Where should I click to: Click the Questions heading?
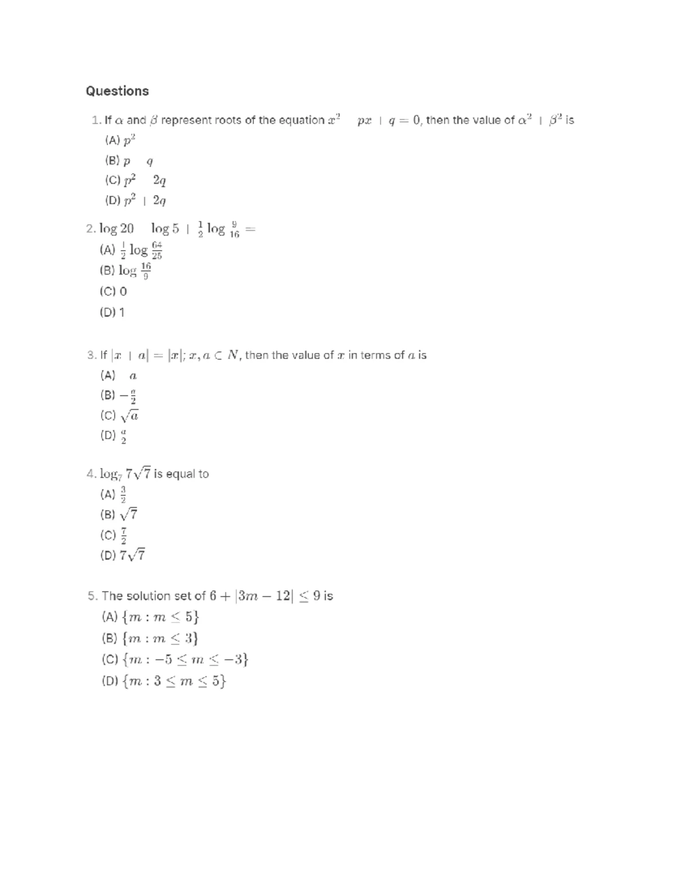click(x=117, y=91)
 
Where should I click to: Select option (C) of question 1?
click(x=136, y=181)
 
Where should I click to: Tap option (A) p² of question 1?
click(x=120, y=141)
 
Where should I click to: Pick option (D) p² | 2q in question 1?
click(x=136, y=201)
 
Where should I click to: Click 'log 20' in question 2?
click(x=117, y=229)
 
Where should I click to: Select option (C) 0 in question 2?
click(x=113, y=291)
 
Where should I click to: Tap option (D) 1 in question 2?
click(x=112, y=313)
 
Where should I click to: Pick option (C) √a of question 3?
click(x=119, y=415)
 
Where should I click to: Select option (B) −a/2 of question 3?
click(x=118, y=396)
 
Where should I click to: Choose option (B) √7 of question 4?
click(x=119, y=514)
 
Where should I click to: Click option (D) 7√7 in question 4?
click(x=123, y=555)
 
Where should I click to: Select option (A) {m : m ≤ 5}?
click(x=151, y=617)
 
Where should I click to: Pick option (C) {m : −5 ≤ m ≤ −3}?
click(x=175, y=660)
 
